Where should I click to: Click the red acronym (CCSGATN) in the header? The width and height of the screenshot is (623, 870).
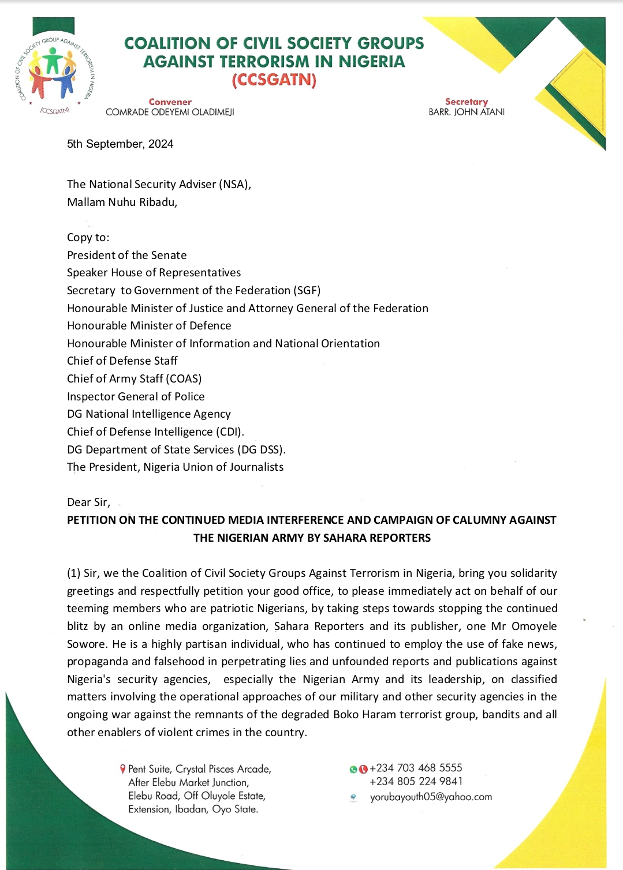274,80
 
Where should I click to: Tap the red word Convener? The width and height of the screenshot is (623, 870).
170,102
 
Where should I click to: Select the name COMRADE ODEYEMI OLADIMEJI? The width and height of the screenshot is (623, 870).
170,112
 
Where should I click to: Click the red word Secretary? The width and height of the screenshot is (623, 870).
466,102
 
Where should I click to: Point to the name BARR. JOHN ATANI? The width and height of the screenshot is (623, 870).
466,112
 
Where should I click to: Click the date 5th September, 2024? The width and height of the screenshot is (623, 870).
120,144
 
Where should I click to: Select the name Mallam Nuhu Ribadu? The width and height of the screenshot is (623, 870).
122,202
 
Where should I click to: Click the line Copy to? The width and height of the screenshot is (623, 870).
88,238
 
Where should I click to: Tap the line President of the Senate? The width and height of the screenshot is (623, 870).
127,256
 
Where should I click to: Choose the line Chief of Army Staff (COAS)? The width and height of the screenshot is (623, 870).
135,379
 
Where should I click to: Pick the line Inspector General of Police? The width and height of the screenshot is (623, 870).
136,397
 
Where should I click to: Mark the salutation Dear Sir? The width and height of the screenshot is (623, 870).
88,502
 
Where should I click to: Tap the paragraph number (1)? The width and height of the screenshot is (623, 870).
74,573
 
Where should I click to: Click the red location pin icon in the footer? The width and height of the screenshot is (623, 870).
122,769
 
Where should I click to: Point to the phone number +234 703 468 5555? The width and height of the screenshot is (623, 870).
416,768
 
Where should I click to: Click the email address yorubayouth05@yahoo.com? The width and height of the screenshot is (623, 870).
431,797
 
